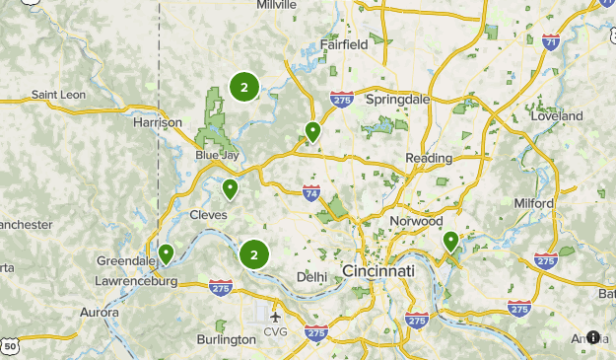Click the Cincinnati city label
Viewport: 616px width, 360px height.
377,270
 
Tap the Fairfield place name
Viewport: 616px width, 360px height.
343,44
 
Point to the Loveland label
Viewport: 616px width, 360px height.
556,116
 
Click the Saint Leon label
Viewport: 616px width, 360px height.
58,95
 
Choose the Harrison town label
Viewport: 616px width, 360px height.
158,122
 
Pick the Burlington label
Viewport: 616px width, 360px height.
226,339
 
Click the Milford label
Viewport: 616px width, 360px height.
534,203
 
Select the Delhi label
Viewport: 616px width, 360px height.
310,276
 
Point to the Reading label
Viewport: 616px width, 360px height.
428,158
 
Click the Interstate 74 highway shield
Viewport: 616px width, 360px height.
311,192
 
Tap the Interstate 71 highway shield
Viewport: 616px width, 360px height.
551,41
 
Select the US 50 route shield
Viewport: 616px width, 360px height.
10,346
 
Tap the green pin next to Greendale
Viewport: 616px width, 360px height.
167,254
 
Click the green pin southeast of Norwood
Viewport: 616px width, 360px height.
450,241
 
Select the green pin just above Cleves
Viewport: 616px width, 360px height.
230,188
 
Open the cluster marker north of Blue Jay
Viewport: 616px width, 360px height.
244,87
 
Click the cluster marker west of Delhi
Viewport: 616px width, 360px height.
254,254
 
